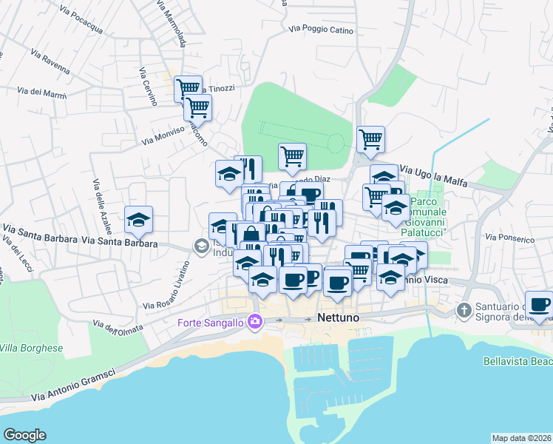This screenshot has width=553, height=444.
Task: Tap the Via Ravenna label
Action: [x=50, y=63]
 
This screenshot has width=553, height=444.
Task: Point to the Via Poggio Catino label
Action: [x=322, y=30]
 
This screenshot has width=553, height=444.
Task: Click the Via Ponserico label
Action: [x=509, y=239]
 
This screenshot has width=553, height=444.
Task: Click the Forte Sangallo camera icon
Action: [x=255, y=321]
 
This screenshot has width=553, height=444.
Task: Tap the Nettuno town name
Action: [x=338, y=317]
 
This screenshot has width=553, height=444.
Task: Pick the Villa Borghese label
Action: [x=31, y=348]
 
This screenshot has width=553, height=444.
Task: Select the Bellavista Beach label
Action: [x=517, y=362]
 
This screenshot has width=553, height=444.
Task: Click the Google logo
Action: [x=24, y=435]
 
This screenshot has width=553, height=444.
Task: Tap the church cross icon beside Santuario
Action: [x=464, y=309]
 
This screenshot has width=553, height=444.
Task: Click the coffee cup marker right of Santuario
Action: [x=540, y=303]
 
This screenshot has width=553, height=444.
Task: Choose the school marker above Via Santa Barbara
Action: [x=138, y=219]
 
